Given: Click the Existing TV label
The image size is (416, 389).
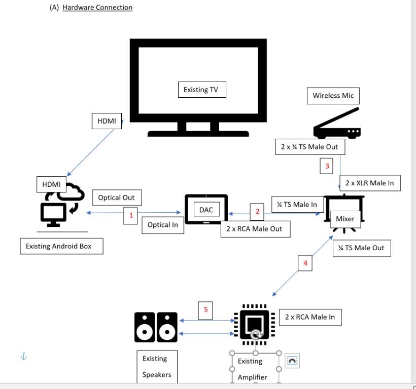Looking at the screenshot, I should tap(202, 90).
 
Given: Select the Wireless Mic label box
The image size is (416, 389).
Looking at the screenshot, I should tap(333, 95).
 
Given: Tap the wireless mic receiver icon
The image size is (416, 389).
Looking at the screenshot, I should tap(337, 124).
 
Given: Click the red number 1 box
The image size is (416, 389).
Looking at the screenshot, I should tap(131, 216).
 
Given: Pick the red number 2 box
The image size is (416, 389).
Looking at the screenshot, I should tap(257, 211).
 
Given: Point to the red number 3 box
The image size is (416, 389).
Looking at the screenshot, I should tap(327, 166).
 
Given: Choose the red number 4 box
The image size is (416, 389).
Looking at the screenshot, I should tap(305, 263).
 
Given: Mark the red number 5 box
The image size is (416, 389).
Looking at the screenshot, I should tap(205, 310).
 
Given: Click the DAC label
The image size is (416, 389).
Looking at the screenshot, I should tap(206, 210).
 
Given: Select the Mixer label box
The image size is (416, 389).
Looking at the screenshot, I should tap(345, 219).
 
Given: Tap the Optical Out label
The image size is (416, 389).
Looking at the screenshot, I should tap(116, 198).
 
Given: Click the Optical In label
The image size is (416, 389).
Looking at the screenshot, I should tap(162, 225).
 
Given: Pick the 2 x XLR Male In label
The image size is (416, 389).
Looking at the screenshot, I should tap(369, 183).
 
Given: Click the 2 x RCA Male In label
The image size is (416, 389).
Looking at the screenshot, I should tap(309, 317).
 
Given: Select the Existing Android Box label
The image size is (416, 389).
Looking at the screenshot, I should tap(62, 247).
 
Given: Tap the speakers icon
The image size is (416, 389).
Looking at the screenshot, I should tap(156, 327).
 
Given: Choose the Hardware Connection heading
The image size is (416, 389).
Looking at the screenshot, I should tap(97, 8).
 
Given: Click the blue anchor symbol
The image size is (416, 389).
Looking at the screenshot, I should tap(23, 357).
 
